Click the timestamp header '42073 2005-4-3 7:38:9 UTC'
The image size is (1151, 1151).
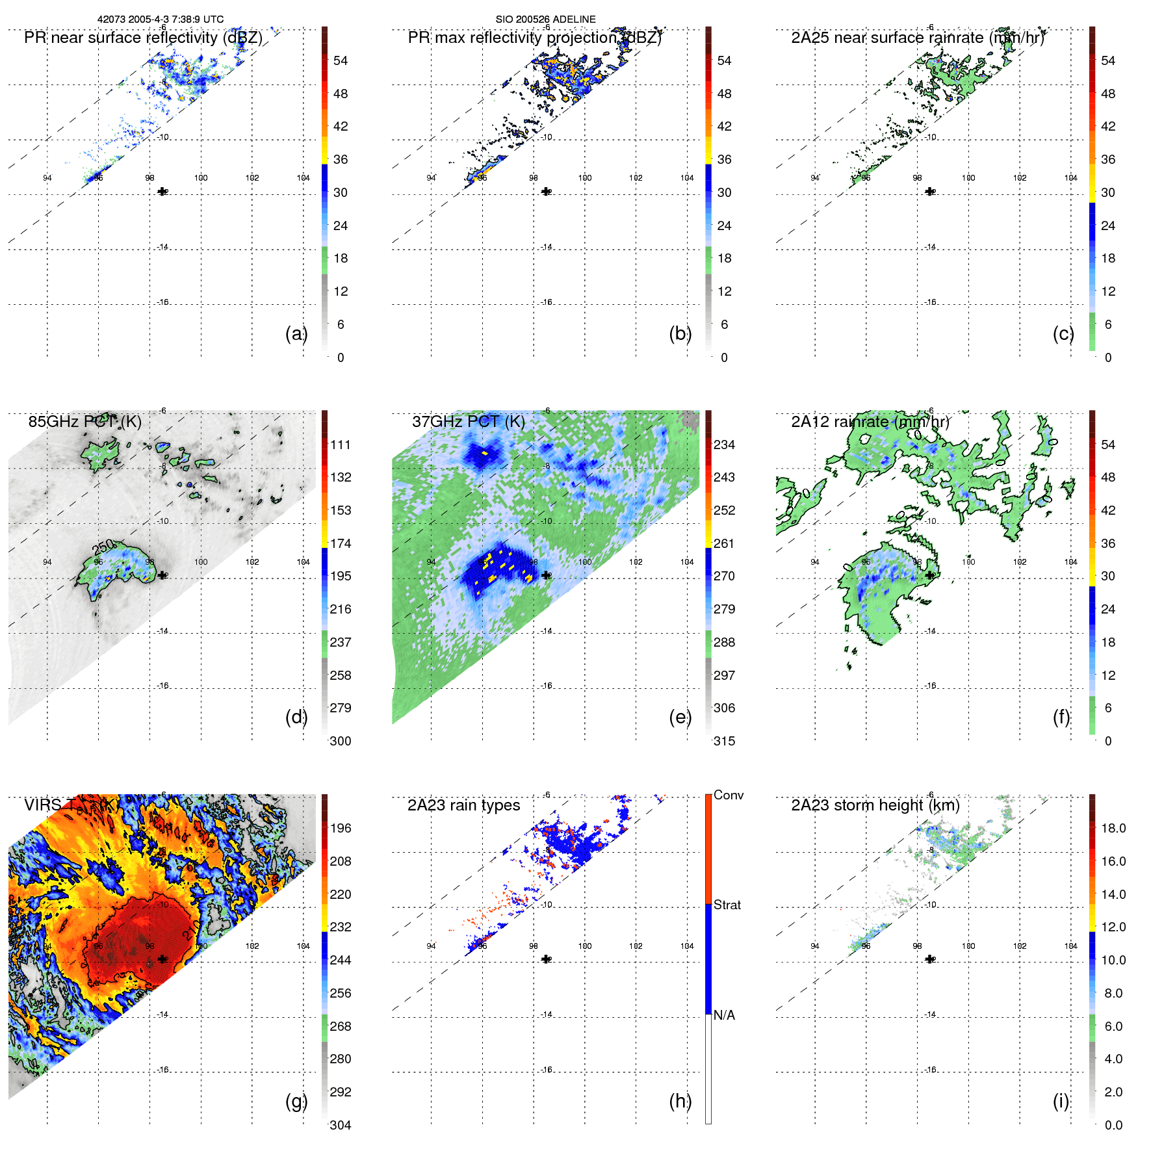pos(161,19)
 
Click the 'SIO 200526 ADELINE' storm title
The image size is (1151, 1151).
pos(545,19)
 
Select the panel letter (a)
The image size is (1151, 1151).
pos(296,333)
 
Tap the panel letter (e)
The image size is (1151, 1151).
pos(680,717)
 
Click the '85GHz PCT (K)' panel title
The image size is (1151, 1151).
pos(84,422)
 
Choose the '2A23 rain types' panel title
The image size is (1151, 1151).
pos(463,805)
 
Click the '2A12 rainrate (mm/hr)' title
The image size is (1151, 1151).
pos(870,422)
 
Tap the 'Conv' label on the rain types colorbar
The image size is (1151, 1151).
pos(728,795)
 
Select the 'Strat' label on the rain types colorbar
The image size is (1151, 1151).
pos(727,905)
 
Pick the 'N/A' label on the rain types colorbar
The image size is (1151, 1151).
pos(724,1015)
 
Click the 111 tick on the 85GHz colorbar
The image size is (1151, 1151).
pos(341,445)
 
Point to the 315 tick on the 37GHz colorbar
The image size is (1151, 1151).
pos(724,741)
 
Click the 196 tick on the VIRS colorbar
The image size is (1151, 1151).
pos(341,828)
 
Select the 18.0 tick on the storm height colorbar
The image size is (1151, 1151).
pos(1113,828)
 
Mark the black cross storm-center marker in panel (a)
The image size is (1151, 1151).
pos(162,191)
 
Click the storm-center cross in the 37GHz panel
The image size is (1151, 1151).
pos(546,575)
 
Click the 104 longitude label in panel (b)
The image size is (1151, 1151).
pos(687,177)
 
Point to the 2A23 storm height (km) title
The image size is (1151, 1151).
pos(875,805)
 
